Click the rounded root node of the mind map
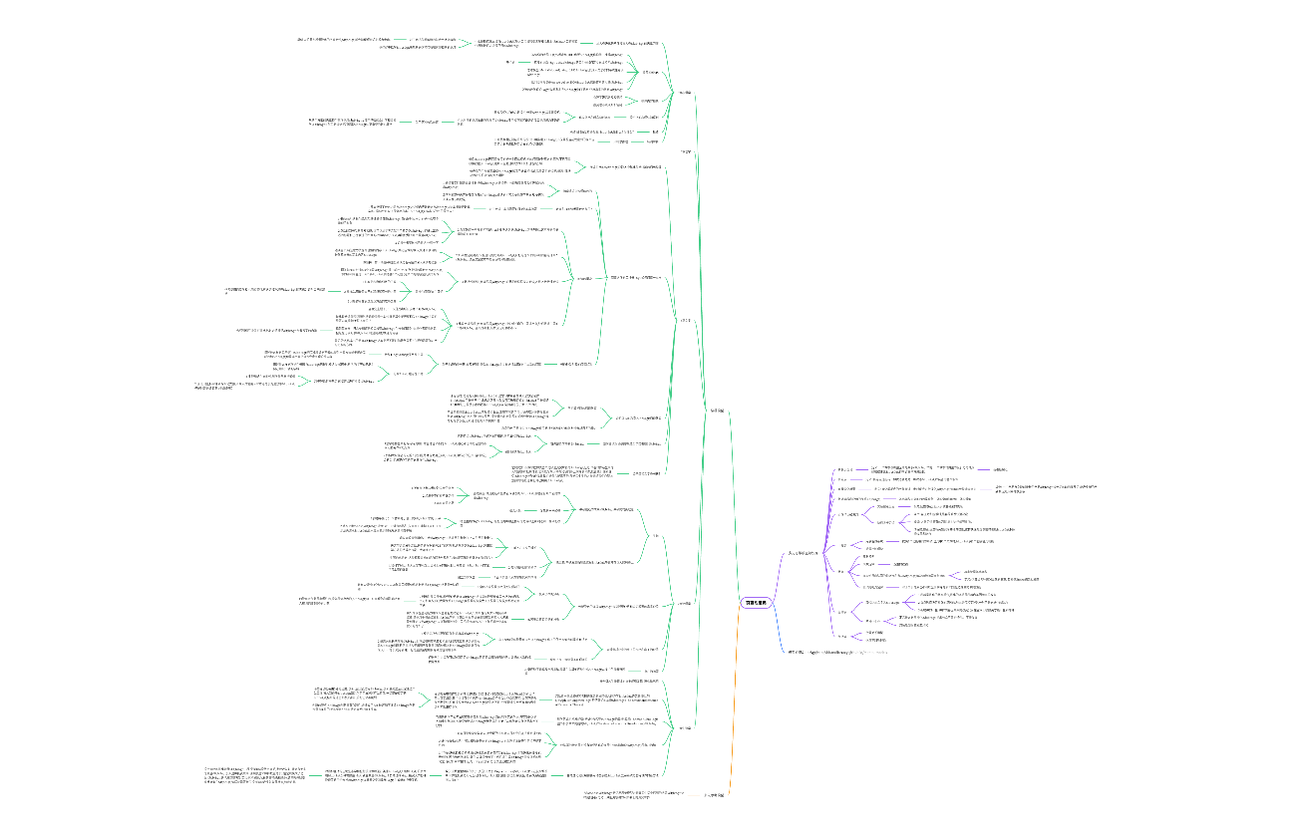[x=756, y=603]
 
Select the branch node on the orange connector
[x=714, y=794]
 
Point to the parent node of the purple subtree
[x=803, y=552]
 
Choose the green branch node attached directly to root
[x=715, y=410]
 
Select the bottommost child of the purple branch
[x=842, y=636]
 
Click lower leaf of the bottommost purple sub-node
[x=876, y=639]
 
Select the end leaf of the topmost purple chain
[x=1001, y=468]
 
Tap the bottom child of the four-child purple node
[x=878, y=587]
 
